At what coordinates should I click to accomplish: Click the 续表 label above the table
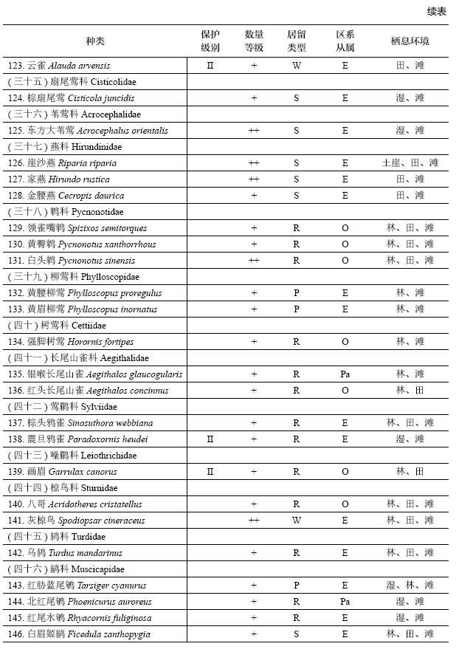[x=436, y=11]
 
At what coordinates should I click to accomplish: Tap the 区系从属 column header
[x=345, y=41]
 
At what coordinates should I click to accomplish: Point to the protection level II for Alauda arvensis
[x=210, y=66]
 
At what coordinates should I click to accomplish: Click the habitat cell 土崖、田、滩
[x=410, y=163]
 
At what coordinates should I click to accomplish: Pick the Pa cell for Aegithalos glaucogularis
[x=345, y=374]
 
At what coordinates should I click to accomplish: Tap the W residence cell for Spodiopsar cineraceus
[x=296, y=521]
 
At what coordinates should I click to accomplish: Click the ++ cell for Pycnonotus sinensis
[x=254, y=261]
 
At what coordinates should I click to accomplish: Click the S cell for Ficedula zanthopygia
[x=296, y=634]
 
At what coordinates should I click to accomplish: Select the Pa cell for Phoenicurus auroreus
[x=345, y=602]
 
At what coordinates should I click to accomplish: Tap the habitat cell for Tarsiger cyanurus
[x=410, y=586]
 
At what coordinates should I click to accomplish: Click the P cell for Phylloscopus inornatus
[x=296, y=309]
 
